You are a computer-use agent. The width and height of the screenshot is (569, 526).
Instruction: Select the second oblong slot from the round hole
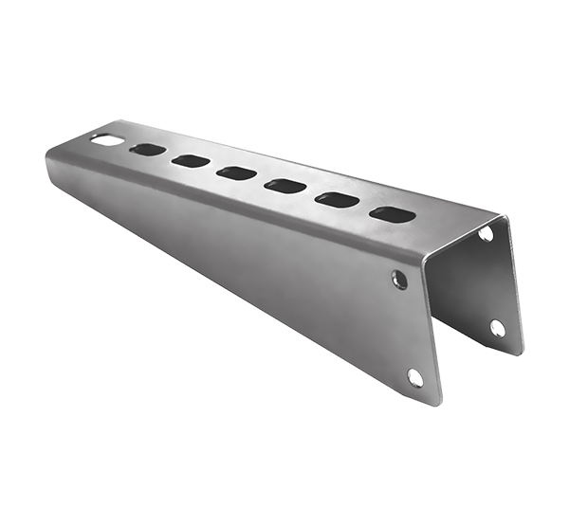point(190,161)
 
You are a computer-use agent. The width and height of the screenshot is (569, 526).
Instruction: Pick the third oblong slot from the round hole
point(236,173)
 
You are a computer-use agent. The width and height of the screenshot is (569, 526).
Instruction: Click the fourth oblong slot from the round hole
point(284,185)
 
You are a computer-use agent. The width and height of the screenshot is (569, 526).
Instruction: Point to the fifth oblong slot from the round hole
point(335,199)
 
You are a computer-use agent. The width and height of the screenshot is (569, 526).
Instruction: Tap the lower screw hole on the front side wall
point(414,377)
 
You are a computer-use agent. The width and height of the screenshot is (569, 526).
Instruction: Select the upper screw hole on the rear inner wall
point(486,232)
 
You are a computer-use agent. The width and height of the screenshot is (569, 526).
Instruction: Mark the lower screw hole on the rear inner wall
point(498,328)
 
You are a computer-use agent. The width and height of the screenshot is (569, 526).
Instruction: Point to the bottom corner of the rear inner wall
point(520,354)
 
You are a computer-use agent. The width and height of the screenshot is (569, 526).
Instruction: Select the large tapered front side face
point(266,275)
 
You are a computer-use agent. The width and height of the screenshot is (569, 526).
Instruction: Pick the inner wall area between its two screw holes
point(492,281)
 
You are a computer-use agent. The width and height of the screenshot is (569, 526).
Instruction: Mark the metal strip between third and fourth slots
point(261,179)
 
